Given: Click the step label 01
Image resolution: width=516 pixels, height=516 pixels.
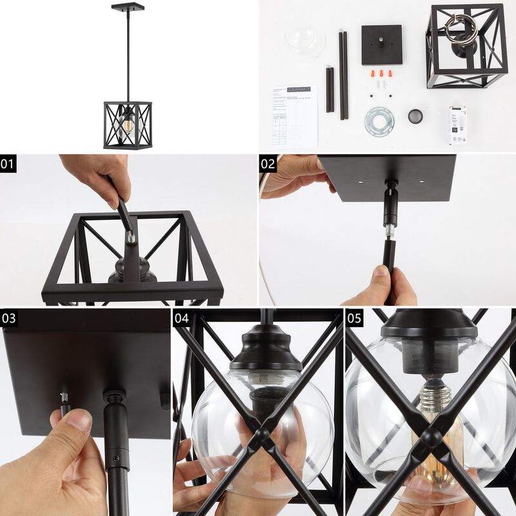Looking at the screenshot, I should [8, 163].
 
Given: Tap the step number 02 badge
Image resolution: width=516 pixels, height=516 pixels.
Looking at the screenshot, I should [268, 163].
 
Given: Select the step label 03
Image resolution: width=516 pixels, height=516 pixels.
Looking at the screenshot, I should [8, 317].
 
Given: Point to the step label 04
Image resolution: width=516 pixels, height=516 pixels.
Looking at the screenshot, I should [181, 317].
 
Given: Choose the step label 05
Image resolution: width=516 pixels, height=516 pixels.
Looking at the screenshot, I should [355, 317].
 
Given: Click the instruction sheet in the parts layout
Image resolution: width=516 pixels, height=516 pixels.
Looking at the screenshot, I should [294, 116].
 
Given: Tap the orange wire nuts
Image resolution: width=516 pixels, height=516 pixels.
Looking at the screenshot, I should [383, 74].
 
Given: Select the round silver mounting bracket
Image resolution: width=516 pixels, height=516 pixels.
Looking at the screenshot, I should [379, 121].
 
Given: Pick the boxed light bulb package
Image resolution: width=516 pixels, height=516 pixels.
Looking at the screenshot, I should [458, 124].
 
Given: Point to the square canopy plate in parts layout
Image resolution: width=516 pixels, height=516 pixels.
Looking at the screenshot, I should [381, 45].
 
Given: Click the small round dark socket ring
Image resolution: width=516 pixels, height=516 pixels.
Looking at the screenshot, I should [416, 116].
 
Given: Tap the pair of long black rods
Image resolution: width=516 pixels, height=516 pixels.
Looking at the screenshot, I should [343, 74].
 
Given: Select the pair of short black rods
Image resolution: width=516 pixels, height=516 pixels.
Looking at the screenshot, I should [330, 88].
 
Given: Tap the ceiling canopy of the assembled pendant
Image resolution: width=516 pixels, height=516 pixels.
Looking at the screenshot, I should [127, 7].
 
